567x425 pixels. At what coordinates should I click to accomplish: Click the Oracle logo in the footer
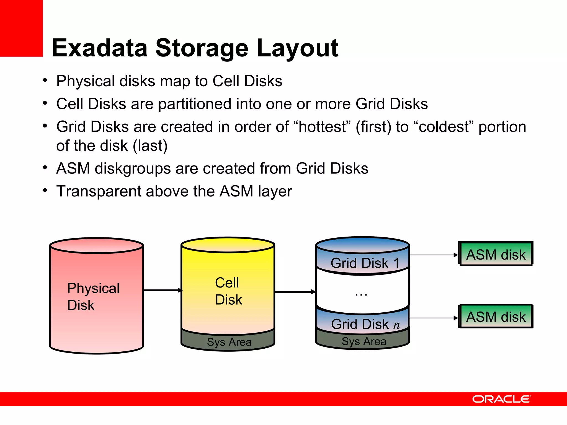pos(501,399)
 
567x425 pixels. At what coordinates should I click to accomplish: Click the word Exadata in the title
pos(100,48)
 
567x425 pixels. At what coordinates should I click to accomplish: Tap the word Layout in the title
pos(297,48)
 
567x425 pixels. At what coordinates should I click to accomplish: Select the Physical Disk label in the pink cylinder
pos(93,297)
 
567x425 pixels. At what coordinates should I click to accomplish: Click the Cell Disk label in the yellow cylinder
pos(228,291)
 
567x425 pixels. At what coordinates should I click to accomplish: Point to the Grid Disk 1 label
pos(365,263)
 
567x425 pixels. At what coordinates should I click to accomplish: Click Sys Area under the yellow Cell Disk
pos(229,342)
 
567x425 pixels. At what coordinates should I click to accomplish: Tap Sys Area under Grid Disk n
pos(364,341)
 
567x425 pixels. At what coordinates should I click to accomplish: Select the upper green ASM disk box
pos(496,254)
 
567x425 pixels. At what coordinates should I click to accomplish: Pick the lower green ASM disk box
pos(496,317)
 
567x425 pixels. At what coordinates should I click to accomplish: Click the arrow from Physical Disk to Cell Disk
pos(162,290)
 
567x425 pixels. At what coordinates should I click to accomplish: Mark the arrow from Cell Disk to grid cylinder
pos(295,292)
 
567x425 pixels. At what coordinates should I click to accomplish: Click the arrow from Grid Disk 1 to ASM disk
pos(433,255)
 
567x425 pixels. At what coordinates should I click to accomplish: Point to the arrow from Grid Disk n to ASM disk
pos(433,318)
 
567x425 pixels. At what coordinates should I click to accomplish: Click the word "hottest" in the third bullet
pos(322,127)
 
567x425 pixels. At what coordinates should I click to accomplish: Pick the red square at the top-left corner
pos(21,28)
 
